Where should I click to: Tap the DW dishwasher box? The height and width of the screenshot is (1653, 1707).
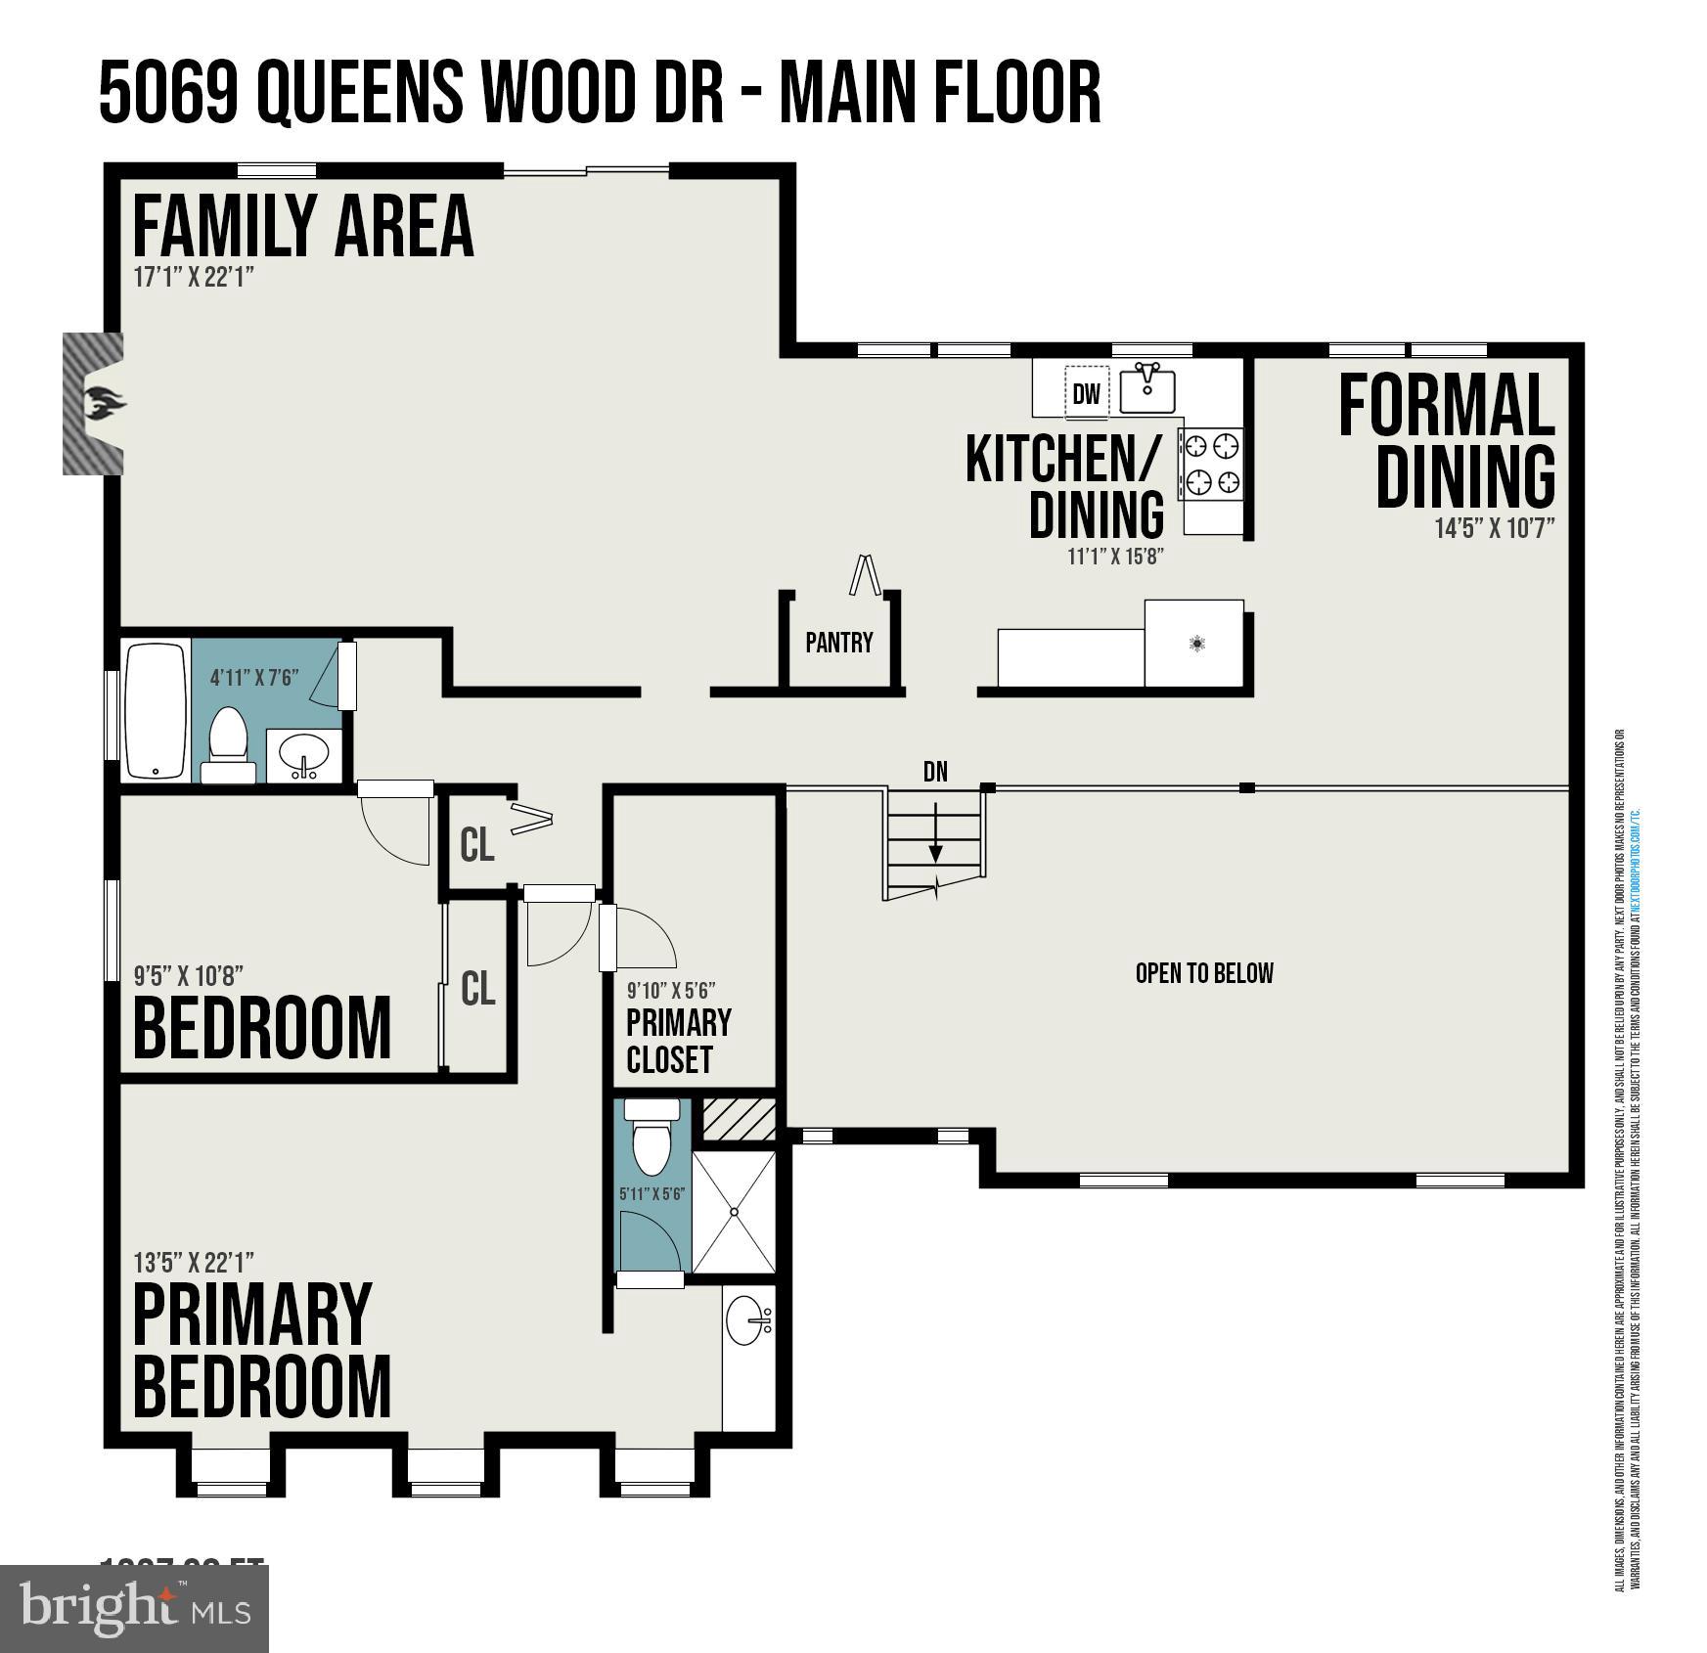point(1086,393)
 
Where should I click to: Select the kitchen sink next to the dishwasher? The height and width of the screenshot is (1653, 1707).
point(1146,389)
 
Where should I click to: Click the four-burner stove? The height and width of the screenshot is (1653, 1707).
point(1212,464)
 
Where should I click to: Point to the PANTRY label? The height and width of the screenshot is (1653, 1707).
point(838,643)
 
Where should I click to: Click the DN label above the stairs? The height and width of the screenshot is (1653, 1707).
point(935,772)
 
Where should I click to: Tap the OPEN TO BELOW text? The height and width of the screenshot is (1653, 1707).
point(1203,973)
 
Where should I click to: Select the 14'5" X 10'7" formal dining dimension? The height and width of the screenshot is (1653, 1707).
point(1494,528)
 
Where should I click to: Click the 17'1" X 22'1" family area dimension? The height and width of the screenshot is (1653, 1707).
point(194,277)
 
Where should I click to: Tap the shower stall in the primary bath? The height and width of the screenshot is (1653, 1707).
point(734,1211)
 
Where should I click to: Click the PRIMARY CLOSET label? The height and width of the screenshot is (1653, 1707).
point(678,1041)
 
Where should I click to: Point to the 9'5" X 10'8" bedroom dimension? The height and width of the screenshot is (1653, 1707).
point(188,975)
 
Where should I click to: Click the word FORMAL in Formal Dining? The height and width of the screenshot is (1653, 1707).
point(1445,406)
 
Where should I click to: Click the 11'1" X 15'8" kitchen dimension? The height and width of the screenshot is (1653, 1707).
point(1114,557)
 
